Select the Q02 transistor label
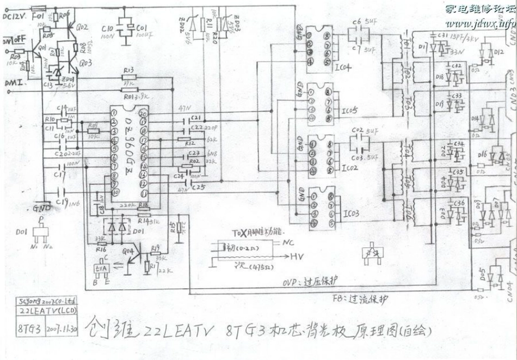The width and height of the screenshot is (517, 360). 82,26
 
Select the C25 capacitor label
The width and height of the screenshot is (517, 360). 199,187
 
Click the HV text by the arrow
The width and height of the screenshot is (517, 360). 297,255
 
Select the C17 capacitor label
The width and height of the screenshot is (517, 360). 60,175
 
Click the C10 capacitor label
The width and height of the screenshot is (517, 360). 107,28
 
